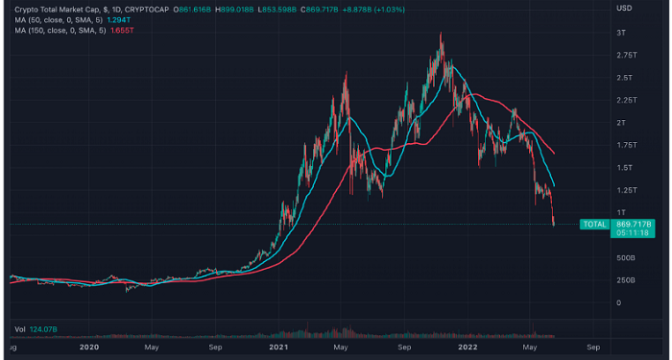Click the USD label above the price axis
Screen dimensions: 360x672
pyautogui.click(x=623, y=9)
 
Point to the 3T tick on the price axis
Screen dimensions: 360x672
pyautogui.click(x=623, y=33)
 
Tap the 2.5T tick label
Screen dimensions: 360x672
pyautogui.click(x=624, y=78)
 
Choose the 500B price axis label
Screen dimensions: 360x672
pyautogui.click(x=626, y=257)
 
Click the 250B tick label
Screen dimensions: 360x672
pyautogui.click(x=626, y=280)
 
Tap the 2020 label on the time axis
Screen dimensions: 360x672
pyautogui.click(x=89, y=348)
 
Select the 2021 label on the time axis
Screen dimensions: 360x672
pyautogui.click(x=279, y=348)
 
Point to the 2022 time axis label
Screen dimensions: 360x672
pyautogui.click(x=468, y=348)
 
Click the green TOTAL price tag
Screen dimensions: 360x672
pyautogui.click(x=595, y=224)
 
